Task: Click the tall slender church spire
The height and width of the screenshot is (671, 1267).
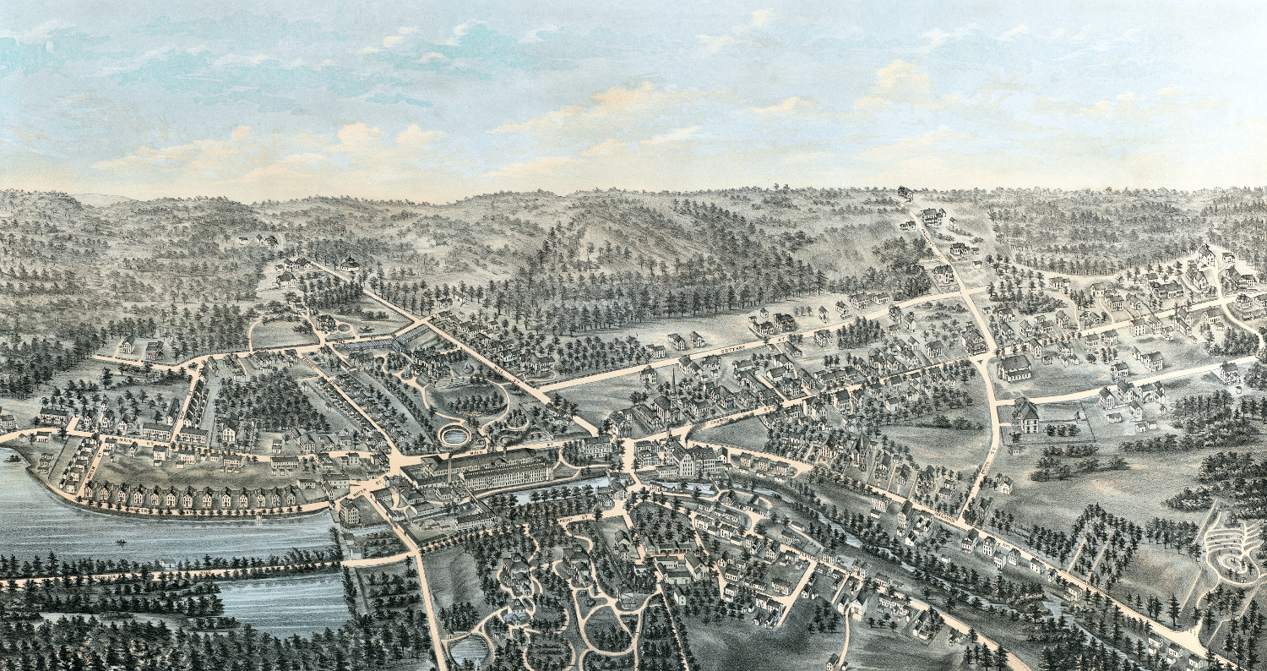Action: tap(674, 385)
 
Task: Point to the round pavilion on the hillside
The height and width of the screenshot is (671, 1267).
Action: tap(350, 263)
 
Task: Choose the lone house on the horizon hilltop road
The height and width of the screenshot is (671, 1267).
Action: tap(905, 194)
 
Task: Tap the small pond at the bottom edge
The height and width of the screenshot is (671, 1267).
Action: tap(470, 650)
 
